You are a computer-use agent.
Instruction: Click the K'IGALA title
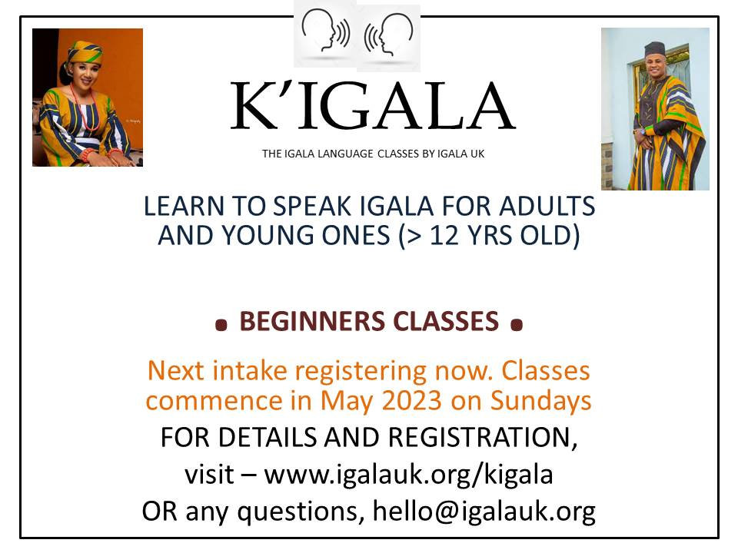coord(373,107)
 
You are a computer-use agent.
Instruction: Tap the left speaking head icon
coord(324,32)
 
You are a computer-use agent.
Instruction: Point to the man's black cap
coord(654,49)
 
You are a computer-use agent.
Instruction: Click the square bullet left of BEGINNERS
coord(221,326)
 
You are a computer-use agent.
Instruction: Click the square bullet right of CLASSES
coord(517,326)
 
